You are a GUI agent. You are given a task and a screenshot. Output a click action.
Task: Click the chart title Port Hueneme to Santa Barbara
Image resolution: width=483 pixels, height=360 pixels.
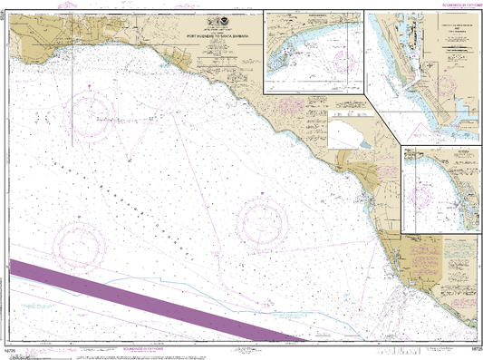point(225,36)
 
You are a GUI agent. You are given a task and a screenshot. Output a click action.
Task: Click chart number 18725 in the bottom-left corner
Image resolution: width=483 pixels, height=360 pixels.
point(18,348)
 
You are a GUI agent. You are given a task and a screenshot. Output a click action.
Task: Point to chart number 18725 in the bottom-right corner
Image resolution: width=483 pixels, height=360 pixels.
point(466,348)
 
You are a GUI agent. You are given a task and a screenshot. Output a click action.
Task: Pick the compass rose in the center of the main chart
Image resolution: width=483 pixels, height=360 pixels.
point(261,220)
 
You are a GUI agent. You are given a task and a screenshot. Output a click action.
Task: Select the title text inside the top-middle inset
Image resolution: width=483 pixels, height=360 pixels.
point(313,15)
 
